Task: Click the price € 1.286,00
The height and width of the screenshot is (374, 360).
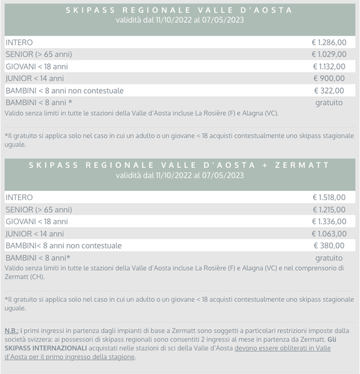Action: click(329, 42)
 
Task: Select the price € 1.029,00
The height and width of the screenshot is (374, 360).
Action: click(329, 55)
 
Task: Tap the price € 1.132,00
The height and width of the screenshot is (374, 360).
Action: click(329, 66)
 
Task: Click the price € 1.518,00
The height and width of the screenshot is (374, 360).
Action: click(329, 197)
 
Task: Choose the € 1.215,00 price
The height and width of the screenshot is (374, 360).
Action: click(329, 209)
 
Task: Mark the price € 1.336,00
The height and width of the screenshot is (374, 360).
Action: click(329, 221)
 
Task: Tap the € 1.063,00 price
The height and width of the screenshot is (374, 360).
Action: click(329, 234)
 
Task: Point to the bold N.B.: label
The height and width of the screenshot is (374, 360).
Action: click(12, 330)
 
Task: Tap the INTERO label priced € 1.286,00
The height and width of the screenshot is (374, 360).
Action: click(19, 42)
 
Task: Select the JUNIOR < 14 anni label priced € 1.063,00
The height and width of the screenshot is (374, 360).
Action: click(34, 234)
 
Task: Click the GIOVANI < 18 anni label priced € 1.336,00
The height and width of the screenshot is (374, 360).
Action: click(37, 221)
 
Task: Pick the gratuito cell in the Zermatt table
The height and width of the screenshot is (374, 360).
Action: click(329, 258)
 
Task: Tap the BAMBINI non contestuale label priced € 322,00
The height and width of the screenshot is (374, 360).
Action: click(64, 91)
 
